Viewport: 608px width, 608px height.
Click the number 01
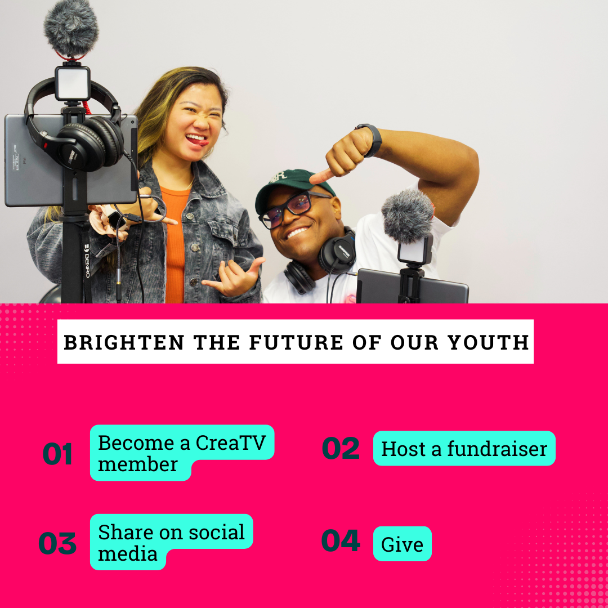[57, 453]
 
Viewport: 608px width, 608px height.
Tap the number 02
[341, 448]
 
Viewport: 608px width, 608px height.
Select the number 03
[57, 543]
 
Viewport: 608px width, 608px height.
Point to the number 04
[341, 540]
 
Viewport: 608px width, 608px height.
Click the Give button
[402, 544]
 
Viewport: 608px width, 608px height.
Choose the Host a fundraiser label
[464, 448]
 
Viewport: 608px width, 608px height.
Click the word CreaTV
[231, 442]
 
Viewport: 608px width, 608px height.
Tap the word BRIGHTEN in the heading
[124, 342]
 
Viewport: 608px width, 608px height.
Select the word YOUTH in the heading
[488, 342]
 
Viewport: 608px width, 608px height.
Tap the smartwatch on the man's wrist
[370, 139]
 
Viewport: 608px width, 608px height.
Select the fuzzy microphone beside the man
[408, 216]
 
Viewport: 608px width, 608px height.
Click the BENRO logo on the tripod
[87, 261]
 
